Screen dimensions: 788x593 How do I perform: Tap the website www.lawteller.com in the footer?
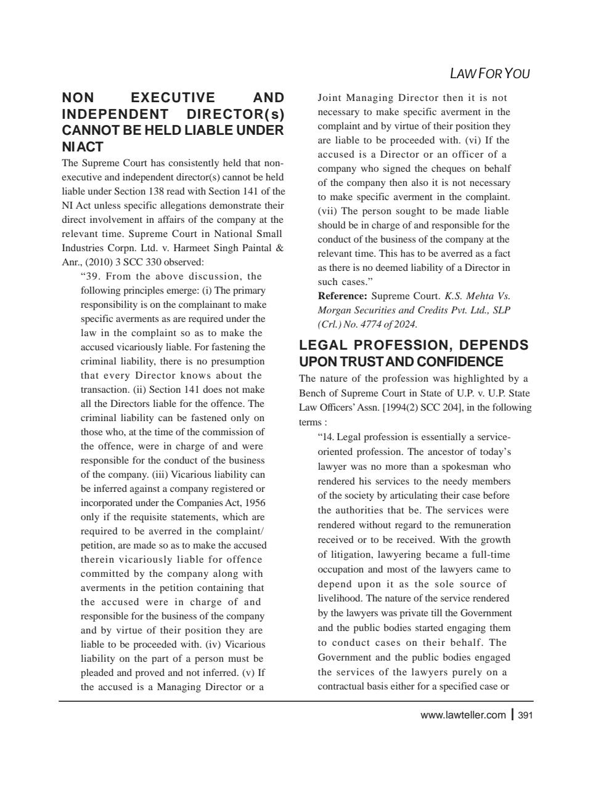[x=462, y=715]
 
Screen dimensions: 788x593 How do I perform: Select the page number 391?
[x=525, y=715]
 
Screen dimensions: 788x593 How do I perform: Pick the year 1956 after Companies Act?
[x=255, y=503]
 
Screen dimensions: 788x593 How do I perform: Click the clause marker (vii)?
[x=327, y=211]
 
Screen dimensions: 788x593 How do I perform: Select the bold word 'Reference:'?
[x=342, y=296]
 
